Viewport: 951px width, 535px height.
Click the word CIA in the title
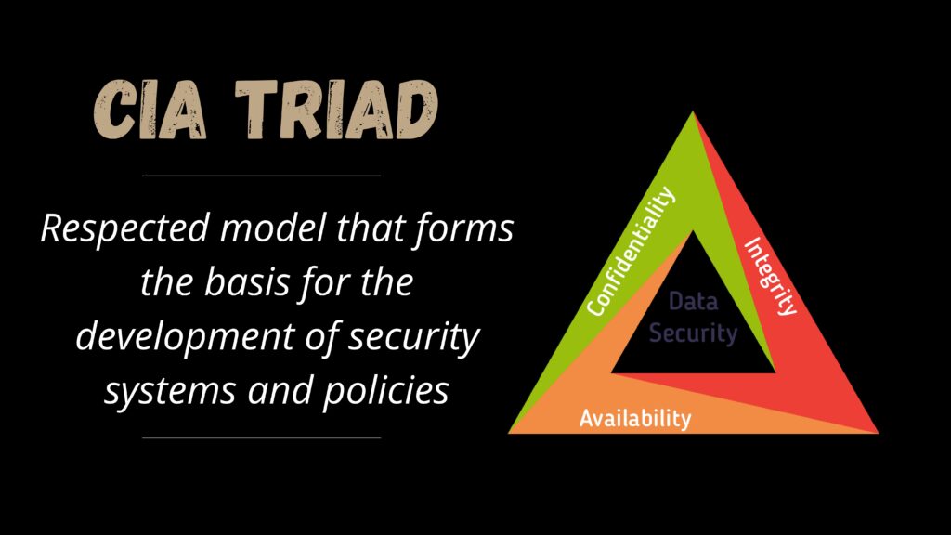pos(150,110)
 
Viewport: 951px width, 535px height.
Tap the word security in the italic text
pos(413,337)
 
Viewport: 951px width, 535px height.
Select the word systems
pos(169,391)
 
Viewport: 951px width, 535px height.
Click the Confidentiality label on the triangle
pos(631,251)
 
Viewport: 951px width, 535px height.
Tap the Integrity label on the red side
pos(770,276)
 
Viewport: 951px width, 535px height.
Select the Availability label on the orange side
pos(635,418)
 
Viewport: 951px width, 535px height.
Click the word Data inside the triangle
pos(693,301)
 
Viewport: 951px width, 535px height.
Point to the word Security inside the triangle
pos(693,333)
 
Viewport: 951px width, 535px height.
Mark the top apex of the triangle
pos(693,111)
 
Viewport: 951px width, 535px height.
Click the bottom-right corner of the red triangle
pos(879,433)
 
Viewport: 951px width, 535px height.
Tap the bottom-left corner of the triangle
pos(508,433)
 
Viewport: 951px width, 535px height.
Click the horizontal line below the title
pos(261,176)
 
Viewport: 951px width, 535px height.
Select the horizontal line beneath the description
pos(261,437)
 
